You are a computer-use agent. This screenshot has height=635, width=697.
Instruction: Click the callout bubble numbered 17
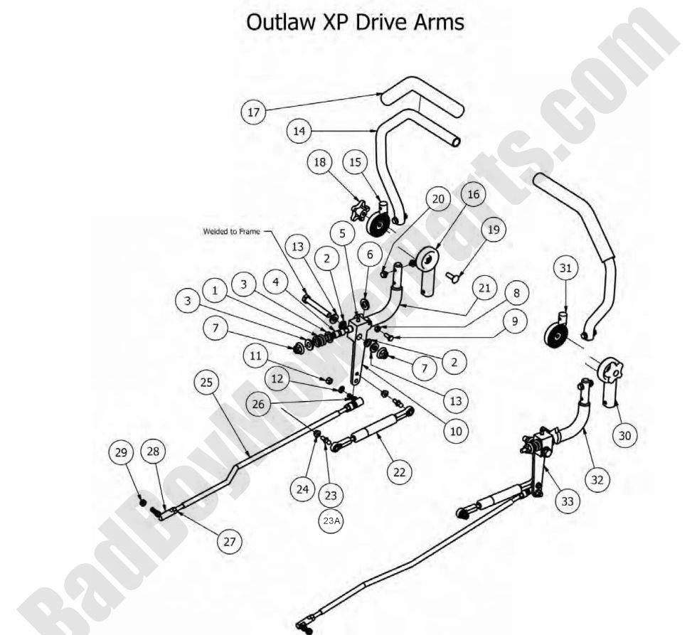tap(254, 112)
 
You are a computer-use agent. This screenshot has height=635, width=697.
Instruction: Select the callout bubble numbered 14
tap(299, 131)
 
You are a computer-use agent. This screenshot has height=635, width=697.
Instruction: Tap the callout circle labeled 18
tap(320, 163)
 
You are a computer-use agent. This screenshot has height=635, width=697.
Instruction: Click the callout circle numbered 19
tap(493, 230)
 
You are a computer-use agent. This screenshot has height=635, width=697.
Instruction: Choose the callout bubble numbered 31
tap(566, 269)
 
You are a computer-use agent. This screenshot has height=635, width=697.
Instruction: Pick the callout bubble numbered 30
tap(624, 435)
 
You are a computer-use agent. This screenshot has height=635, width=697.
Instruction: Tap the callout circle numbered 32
tap(597, 479)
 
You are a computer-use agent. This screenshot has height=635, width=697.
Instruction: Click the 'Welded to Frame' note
tap(230, 231)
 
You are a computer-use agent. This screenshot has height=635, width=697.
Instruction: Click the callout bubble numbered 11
tap(257, 353)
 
